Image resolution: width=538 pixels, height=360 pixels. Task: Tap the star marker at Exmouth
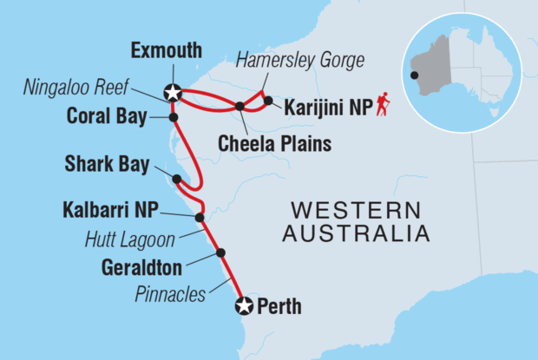coord(174,90)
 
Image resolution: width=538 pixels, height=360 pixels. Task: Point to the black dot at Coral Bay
coord(174,117)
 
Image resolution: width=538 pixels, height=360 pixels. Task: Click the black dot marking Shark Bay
coord(177,180)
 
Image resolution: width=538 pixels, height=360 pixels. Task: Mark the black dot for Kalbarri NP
coord(200,218)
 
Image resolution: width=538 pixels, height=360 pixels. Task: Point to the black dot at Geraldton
coord(220,252)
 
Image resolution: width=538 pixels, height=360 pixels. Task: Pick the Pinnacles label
coord(170,294)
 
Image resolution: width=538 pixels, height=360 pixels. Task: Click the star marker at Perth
coord(244,305)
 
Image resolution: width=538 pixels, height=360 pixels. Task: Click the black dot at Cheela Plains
coord(239,107)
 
